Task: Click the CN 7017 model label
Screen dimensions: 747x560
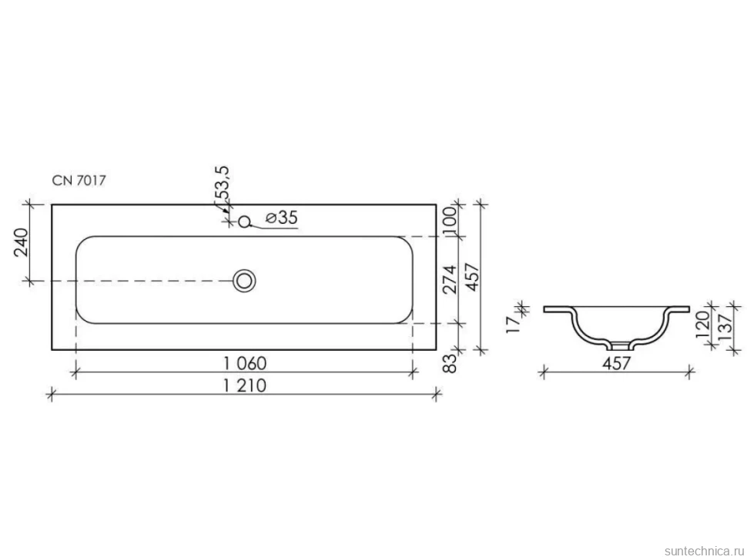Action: (79, 180)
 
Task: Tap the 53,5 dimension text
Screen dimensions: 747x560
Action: (222, 184)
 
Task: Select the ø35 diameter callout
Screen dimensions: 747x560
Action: (282, 218)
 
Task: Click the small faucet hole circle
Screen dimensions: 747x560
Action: (244, 222)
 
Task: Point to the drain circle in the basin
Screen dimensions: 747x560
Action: (244, 281)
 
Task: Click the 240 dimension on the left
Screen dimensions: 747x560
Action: (21, 242)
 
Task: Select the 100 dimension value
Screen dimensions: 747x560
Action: (450, 219)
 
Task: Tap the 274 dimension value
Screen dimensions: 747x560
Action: (450, 279)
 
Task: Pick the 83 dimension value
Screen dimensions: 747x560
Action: (450, 364)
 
